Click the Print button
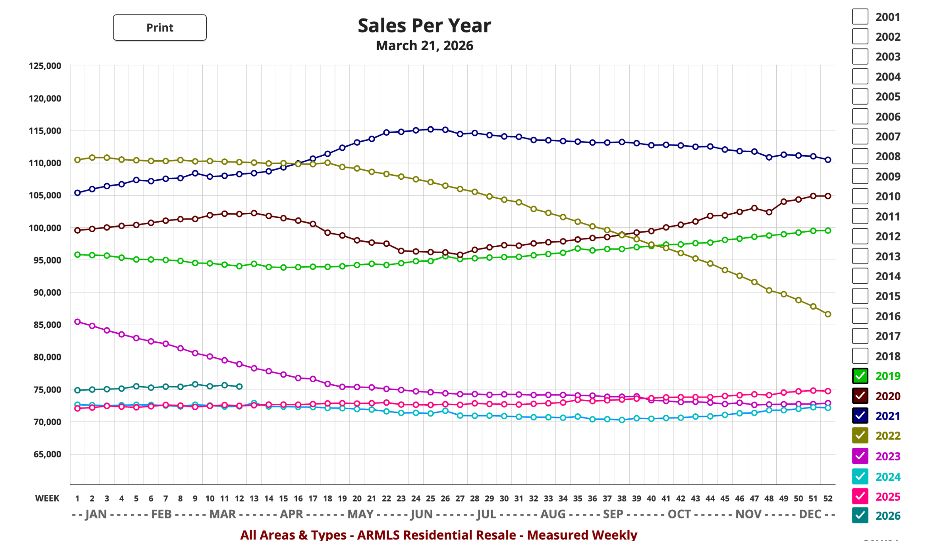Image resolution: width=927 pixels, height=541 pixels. pyautogui.click(x=160, y=28)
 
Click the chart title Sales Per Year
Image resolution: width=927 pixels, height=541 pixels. pyautogui.click(x=424, y=26)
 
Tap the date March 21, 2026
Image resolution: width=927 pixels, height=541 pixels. pyautogui.click(x=424, y=46)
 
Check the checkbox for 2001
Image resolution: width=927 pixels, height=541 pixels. pyautogui.click(x=860, y=17)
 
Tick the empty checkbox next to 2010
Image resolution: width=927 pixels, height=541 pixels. pyautogui.click(x=860, y=196)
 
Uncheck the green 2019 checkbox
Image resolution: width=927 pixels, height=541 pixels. pyautogui.click(x=860, y=376)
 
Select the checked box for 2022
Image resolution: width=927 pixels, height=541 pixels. pyautogui.click(x=860, y=436)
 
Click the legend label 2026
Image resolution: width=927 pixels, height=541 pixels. pyautogui.click(x=888, y=516)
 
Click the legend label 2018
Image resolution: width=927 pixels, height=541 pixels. pyautogui.click(x=888, y=356)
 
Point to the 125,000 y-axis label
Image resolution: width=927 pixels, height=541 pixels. pyautogui.click(x=45, y=66)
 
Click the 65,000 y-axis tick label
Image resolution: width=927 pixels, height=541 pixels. pyautogui.click(x=47, y=455)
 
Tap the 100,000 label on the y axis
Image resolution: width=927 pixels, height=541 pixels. pyautogui.click(x=45, y=228)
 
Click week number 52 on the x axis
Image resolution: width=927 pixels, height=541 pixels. pyautogui.click(x=828, y=498)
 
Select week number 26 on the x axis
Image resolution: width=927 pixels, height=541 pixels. pyautogui.click(x=445, y=498)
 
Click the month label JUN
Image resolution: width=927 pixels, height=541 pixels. pyautogui.click(x=421, y=514)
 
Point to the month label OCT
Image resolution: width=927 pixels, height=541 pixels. pyautogui.click(x=679, y=514)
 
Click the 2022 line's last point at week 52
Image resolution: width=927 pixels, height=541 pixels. pyautogui.click(x=828, y=314)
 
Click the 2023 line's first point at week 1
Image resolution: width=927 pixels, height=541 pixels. pyautogui.click(x=77, y=322)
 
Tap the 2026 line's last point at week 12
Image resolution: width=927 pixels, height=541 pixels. pyautogui.click(x=239, y=387)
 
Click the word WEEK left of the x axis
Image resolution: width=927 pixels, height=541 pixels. pyautogui.click(x=47, y=498)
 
